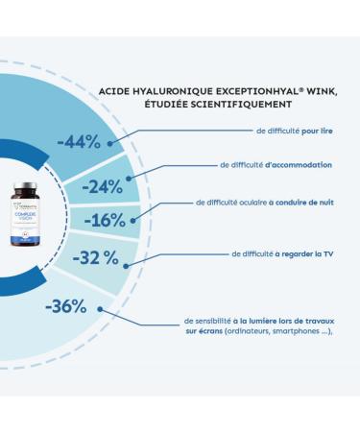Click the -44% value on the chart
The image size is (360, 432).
(x=79, y=141)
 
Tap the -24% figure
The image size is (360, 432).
(x=102, y=186)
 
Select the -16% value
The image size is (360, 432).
(x=105, y=220)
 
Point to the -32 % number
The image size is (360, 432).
(x=97, y=257)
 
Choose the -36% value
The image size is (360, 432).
(x=65, y=307)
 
